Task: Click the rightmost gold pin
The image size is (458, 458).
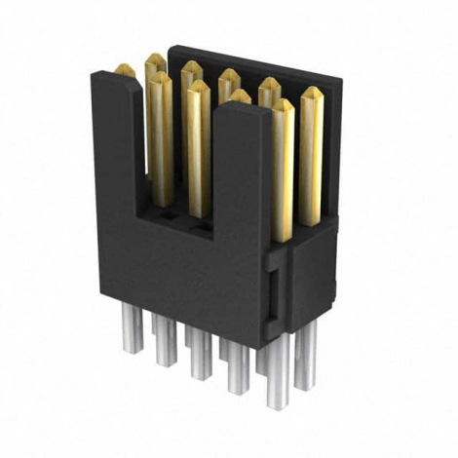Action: tap(312, 146)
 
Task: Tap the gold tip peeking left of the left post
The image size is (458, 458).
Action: tap(125, 70)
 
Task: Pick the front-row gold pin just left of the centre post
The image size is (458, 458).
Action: tap(198, 146)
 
